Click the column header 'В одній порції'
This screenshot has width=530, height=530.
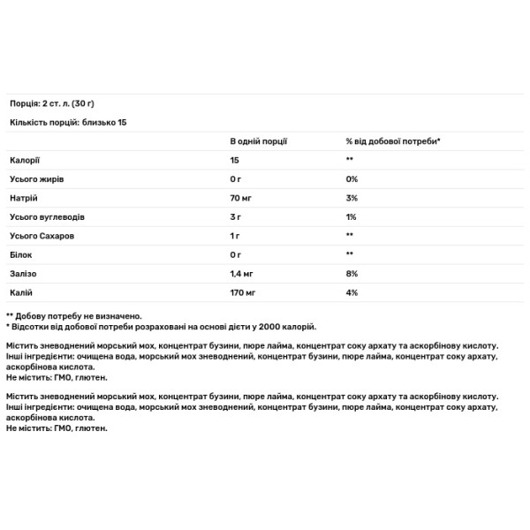[x=258, y=140]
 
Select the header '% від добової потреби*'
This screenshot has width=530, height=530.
[x=392, y=140]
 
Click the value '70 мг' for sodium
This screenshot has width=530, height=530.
[x=242, y=197]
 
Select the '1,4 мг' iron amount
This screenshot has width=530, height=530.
[x=244, y=273]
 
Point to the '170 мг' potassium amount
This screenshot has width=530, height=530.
[x=245, y=291]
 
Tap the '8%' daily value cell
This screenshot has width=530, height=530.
[x=352, y=273]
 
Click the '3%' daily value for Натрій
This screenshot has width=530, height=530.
[x=352, y=197]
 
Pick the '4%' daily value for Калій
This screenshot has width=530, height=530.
[x=352, y=291]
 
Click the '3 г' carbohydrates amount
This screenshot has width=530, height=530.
[x=236, y=216]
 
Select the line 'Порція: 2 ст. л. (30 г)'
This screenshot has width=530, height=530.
[x=57, y=102]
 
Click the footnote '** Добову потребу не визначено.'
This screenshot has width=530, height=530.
[x=74, y=315]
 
